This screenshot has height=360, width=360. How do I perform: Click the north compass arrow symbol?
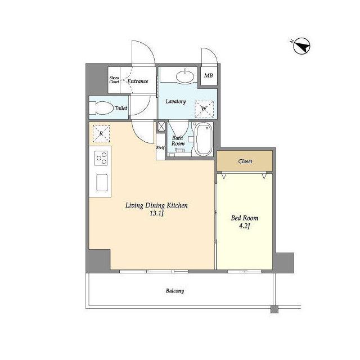[x=301, y=46]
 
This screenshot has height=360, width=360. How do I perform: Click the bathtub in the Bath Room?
[x=203, y=139]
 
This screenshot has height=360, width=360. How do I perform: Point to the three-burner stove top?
[x=101, y=158]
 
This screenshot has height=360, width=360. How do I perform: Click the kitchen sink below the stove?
[x=102, y=182]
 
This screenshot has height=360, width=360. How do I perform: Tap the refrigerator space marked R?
[x=101, y=134]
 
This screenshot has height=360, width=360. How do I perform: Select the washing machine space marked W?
[x=204, y=109]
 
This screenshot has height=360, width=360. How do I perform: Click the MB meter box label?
[x=209, y=75]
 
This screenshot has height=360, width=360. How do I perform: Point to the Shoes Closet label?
[x=114, y=80]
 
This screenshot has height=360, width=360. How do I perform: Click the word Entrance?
[x=138, y=81]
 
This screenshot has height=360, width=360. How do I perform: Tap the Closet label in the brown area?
[x=245, y=161]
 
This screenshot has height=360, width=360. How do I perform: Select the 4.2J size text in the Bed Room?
[x=244, y=226]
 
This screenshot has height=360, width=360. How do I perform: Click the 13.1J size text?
[x=157, y=214]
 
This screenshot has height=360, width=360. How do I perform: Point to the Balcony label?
[x=175, y=291]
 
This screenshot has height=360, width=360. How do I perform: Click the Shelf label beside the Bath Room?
[x=160, y=148]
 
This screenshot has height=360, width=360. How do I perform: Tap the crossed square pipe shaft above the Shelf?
[x=161, y=126]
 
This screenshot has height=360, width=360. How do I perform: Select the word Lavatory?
[x=176, y=101]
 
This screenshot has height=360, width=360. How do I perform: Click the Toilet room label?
[x=121, y=108]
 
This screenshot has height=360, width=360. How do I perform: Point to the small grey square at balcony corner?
[x=274, y=309]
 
